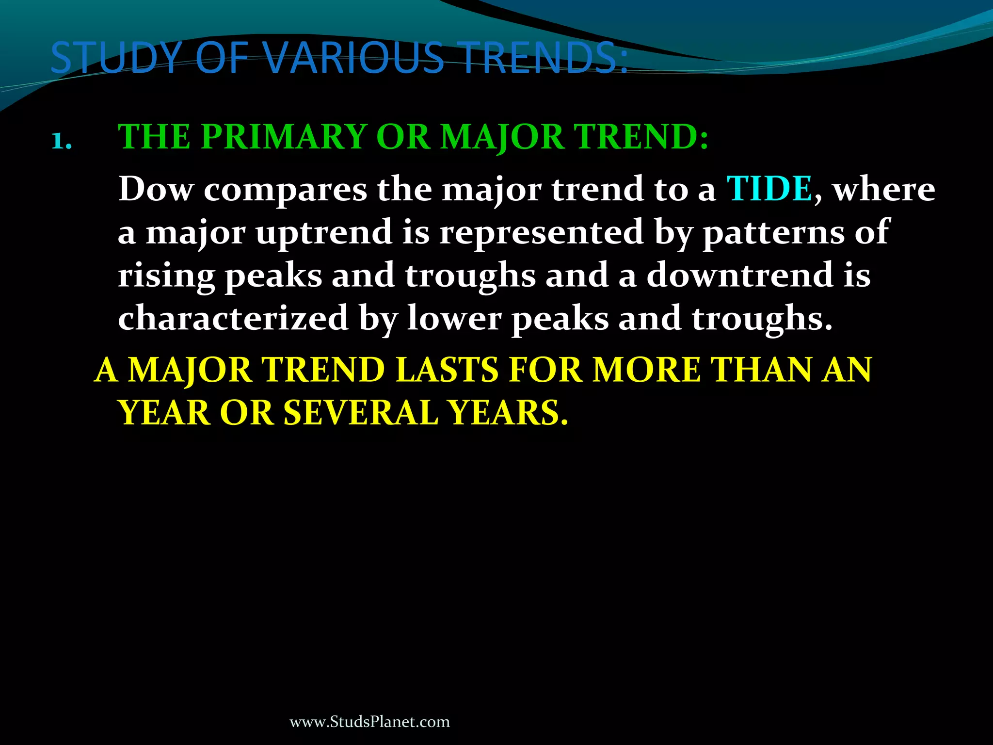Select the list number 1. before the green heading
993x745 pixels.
pos(62,142)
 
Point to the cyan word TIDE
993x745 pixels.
pos(769,189)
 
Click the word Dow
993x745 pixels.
pos(156,189)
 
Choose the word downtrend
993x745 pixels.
pos(739,275)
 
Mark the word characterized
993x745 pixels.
pos(233,318)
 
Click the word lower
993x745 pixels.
pos(454,318)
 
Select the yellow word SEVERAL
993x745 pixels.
pos(361,413)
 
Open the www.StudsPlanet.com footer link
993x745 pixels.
pos(369,722)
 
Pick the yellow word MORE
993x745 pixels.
pos(647,371)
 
